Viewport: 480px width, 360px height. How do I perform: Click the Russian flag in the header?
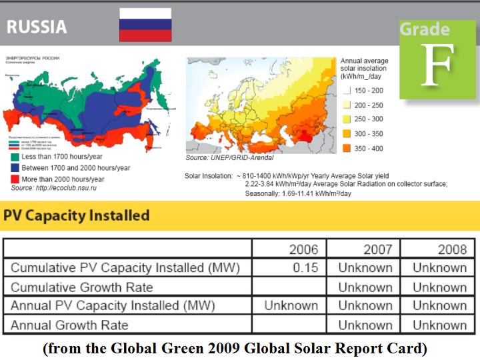[145, 25]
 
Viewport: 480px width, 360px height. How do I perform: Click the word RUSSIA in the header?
[37, 27]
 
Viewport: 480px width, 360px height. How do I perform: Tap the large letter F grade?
[437, 67]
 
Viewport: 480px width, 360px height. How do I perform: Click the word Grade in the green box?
[425, 29]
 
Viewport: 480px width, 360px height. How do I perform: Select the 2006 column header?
[303, 249]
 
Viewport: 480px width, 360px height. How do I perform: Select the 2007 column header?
[378, 249]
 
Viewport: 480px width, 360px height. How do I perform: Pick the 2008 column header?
[452, 249]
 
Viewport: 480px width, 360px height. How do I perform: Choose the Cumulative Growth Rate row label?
[81, 287]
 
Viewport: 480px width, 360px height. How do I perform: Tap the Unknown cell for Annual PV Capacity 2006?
[291, 306]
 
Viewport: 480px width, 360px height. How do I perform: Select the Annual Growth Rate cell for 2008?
[439, 325]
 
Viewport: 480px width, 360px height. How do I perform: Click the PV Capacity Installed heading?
[77, 215]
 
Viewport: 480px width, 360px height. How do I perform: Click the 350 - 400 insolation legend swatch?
[347, 148]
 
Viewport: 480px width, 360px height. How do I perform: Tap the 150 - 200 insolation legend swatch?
[347, 90]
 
